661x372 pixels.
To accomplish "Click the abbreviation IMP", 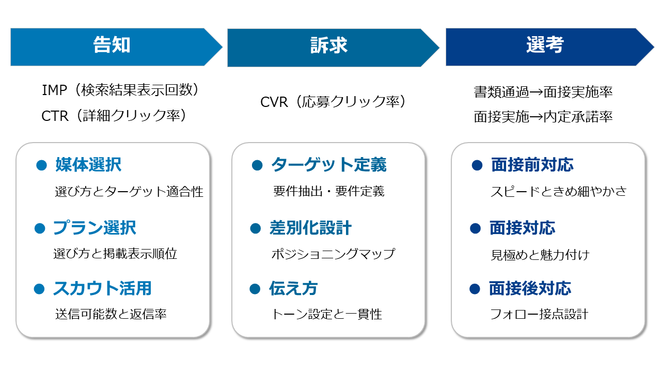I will click(55, 90).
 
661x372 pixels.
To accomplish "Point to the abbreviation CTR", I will click(55, 116).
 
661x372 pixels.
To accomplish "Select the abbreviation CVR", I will click(274, 102).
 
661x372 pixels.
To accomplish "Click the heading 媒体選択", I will click(88, 165).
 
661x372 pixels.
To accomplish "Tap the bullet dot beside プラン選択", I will click(39, 228).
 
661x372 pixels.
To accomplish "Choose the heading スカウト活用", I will click(102, 288).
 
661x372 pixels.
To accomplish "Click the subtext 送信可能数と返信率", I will click(111, 314).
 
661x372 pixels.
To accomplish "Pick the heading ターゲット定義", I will click(328, 165).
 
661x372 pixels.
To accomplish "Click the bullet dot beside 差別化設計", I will click(255, 228).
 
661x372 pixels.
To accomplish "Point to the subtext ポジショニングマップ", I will click(333, 254).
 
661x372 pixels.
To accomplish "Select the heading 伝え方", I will click(293, 288).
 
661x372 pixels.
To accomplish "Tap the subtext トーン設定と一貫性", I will click(326, 314).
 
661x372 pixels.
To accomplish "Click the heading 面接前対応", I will click(532, 165).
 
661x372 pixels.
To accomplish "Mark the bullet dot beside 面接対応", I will click(475, 228).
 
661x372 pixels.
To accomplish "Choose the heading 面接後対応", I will click(530, 288).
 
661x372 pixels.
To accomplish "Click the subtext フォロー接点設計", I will click(539, 314).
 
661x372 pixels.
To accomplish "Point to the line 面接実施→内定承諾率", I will click(543, 117).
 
